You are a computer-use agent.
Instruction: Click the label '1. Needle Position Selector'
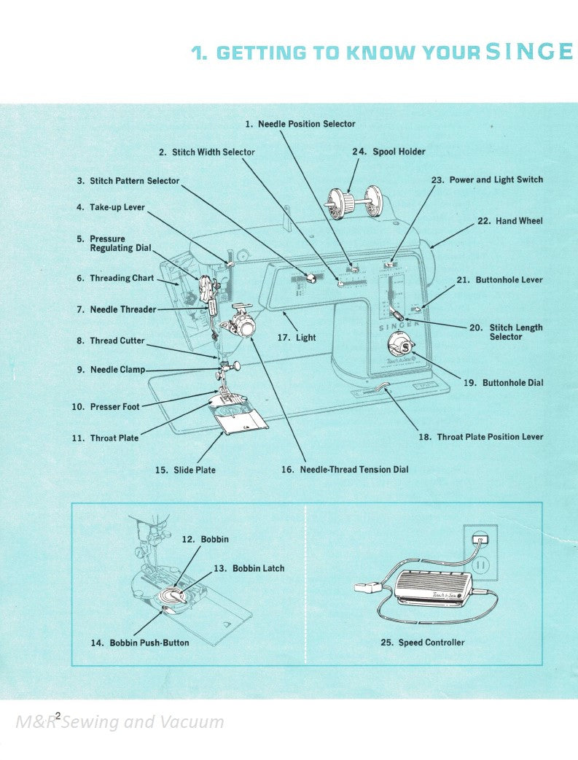300,124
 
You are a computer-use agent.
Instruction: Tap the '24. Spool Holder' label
388,152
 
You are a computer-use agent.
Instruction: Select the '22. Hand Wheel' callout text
510,221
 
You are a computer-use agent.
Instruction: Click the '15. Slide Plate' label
185,470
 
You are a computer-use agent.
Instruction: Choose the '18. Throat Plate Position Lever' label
480,437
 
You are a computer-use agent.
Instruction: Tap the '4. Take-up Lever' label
110,207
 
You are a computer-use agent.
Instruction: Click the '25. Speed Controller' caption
422,643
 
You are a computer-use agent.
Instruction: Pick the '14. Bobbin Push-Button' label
139,643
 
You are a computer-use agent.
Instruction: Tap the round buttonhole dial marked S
399,343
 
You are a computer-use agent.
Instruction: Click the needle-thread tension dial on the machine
246,329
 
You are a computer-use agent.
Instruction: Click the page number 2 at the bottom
58,716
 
